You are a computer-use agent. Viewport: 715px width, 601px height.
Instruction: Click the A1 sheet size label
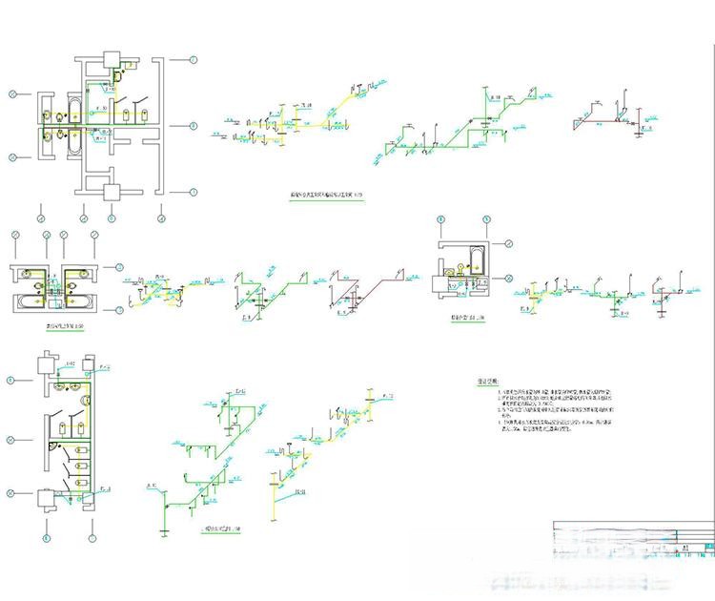point(685,550)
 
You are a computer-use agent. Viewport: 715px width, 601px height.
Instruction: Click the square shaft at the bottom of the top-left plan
point(112,190)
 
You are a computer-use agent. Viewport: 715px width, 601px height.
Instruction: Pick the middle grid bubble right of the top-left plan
point(193,125)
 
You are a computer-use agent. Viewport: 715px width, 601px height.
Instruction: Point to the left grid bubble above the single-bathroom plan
point(441,220)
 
